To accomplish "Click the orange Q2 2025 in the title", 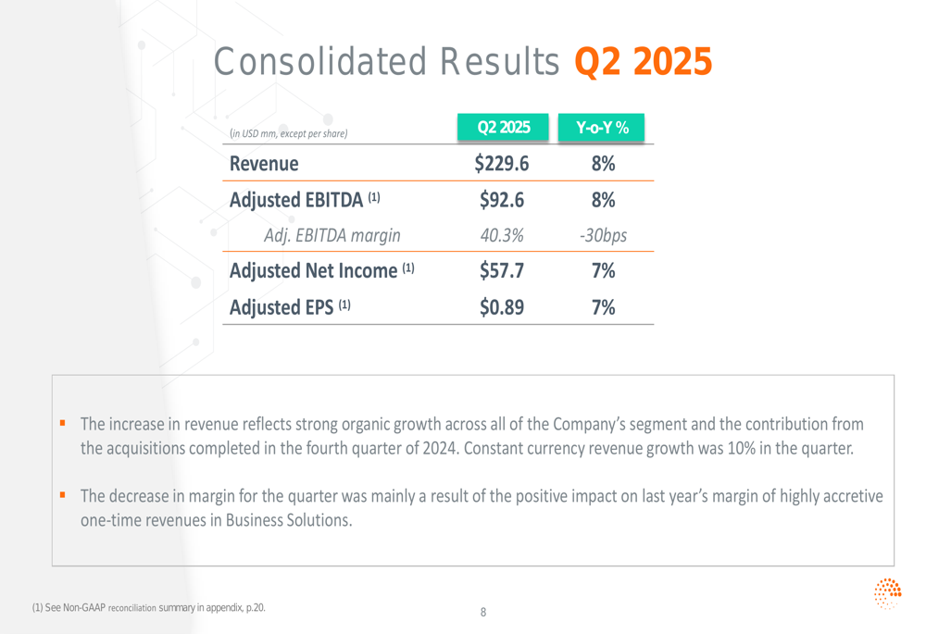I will [x=644, y=62].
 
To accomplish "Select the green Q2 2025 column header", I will [x=503, y=128].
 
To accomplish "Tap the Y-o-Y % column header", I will [x=602, y=128].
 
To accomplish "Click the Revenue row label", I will [x=264, y=164].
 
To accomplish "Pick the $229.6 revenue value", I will [x=501, y=164].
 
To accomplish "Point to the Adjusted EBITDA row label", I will [x=305, y=200].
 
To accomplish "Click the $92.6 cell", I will [x=501, y=200].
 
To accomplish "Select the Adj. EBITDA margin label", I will [x=332, y=235].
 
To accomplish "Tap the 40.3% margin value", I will [x=501, y=235].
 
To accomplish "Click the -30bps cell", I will [x=603, y=235].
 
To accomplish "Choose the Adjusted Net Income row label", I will [x=321, y=271].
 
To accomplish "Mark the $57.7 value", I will [x=501, y=271].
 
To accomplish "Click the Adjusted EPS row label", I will [x=290, y=307].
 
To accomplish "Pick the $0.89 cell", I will [x=501, y=307].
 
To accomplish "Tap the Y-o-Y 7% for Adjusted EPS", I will [x=603, y=307].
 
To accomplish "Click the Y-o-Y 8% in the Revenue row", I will [x=603, y=164].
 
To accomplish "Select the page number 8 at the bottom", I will [x=482, y=612].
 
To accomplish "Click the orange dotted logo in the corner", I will [x=887, y=593].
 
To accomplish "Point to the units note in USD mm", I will [x=288, y=133].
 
